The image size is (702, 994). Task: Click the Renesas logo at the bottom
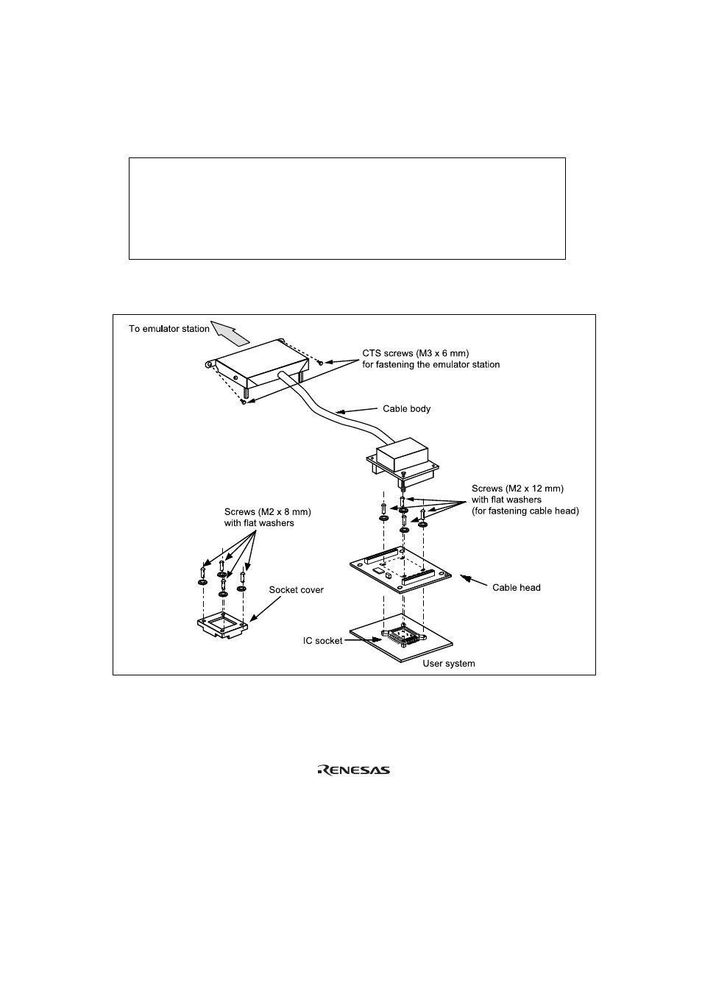[x=353, y=770]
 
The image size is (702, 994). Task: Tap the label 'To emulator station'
[x=169, y=329]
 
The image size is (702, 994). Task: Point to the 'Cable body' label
[x=406, y=408]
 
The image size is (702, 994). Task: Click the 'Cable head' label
[x=516, y=587]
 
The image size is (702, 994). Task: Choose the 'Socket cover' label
[x=296, y=590]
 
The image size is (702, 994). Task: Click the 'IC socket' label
[x=323, y=641]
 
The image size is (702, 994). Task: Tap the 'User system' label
[x=448, y=664]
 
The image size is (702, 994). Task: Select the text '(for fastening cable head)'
[x=525, y=511]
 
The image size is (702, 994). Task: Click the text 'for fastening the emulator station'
[x=430, y=364]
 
